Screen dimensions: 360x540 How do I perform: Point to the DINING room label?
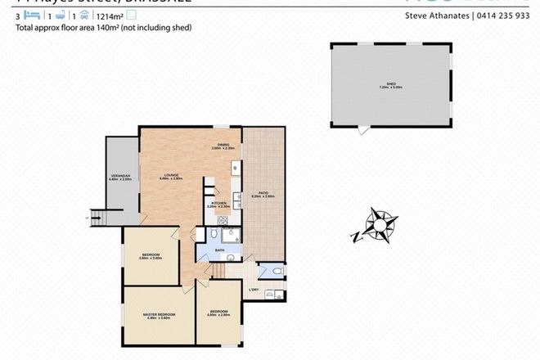click(x=223, y=145)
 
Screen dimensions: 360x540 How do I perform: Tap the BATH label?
click(x=219, y=250)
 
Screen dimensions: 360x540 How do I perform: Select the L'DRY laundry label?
click(x=254, y=290)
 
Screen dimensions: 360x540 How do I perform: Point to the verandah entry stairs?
click(x=97, y=218)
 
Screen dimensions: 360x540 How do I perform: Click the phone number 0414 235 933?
click(x=507, y=16)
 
